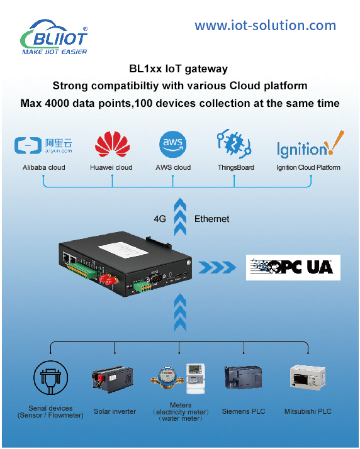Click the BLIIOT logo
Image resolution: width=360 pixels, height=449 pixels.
point(54,37)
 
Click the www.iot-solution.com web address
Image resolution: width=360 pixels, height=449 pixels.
point(266,26)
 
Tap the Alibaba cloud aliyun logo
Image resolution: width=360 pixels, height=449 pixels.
point(43,145)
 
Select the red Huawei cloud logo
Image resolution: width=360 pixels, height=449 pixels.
point(112,144)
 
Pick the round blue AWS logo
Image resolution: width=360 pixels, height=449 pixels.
point(173,145)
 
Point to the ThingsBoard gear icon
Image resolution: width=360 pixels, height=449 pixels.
point(234,144)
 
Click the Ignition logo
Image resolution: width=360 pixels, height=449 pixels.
point(310,145)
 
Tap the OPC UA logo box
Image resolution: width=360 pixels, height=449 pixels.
point(293,267)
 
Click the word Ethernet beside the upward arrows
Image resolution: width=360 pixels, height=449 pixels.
point(212,219)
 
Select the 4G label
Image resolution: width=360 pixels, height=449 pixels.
point(160,219)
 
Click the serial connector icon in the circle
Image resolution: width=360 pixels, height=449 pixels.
point(51,378)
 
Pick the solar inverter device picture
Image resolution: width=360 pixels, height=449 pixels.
point(113,378)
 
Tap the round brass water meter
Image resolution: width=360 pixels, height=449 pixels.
point(167,378)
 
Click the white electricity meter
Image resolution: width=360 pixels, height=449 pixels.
point(196,379)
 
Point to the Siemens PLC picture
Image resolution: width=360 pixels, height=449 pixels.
point(243,377)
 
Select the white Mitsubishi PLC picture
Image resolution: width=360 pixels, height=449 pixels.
point(308,377)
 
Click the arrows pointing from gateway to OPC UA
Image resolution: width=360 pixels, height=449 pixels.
point(217,267)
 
